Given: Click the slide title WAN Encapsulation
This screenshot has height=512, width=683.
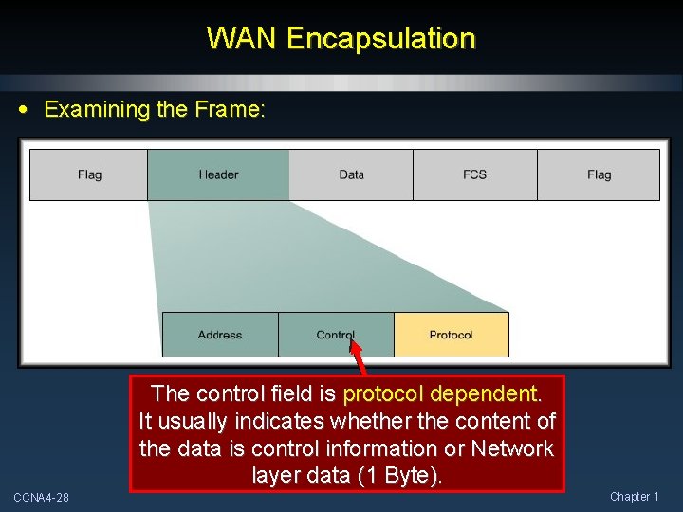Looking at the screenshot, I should tap(341, 39).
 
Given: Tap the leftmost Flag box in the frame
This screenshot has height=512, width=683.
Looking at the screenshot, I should tap(89, 174).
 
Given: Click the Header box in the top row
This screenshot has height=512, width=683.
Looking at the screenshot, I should tap(218, 174).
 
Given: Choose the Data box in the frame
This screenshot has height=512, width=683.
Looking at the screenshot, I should tap(351, 174).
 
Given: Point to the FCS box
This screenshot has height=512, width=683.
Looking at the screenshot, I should tap(474, 174).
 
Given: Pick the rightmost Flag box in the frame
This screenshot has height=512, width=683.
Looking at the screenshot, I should tap(599, 174).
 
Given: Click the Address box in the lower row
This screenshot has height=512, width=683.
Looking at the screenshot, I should tap(220, 335).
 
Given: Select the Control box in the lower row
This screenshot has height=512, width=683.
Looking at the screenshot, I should tap(336, 335).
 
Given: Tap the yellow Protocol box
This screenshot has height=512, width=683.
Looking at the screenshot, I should tap(451, 335).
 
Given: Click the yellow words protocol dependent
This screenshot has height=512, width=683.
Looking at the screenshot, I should tap(442, 393).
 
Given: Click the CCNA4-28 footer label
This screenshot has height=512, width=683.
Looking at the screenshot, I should tap(41, 497).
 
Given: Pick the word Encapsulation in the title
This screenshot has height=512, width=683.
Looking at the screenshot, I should tap(380, 39).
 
